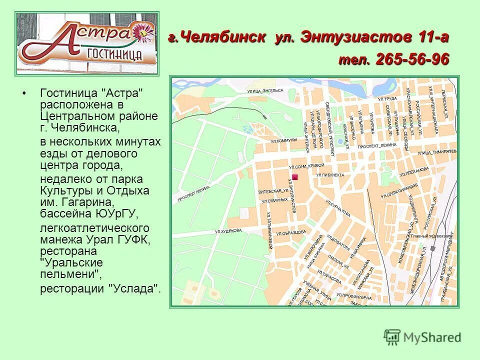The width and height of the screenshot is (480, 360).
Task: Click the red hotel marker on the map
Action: [x=294, y=177]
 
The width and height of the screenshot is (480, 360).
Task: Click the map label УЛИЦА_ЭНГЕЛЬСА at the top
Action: [x=265, y=90]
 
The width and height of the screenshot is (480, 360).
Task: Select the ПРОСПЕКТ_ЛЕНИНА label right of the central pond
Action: [x=376, y=144]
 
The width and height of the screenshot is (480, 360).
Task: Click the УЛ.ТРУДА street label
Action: [x=387, y=99]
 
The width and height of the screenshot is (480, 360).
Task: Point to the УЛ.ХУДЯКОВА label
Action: [x=228, y=230]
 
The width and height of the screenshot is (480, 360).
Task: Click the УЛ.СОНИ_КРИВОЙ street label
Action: [x=306, y=165]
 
